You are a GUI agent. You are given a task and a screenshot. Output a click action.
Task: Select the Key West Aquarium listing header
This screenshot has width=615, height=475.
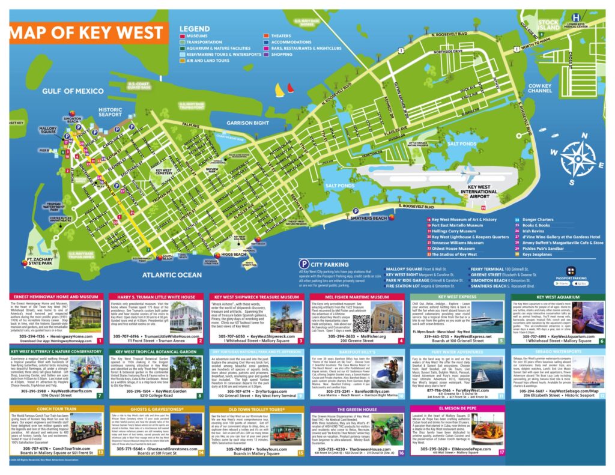tap(558, 297)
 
